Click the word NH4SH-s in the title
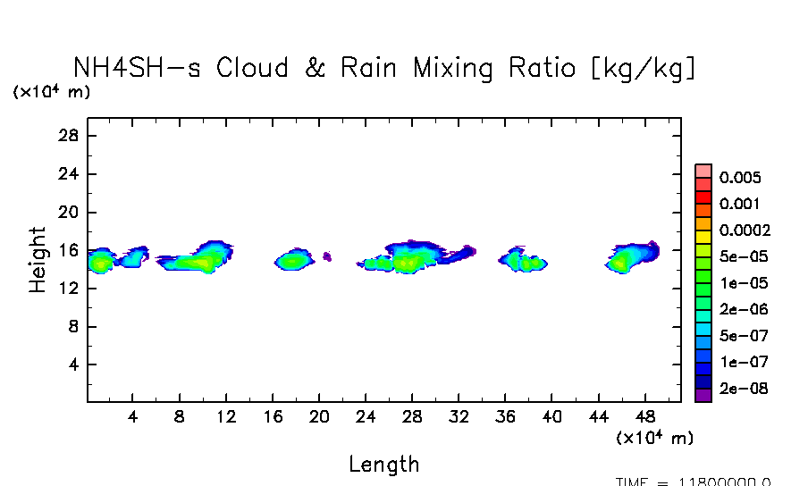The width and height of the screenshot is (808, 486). pos(139,68)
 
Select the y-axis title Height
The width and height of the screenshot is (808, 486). pos(38,259)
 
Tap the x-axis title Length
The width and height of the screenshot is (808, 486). pos(383,464)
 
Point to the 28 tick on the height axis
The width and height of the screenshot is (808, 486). pos(69,136)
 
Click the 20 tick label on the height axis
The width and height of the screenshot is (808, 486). pos(69,213)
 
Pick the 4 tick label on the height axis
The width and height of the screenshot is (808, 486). pos(74,365)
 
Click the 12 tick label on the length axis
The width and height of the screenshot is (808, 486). pos(226,417)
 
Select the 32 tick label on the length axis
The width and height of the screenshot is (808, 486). pos(459,417)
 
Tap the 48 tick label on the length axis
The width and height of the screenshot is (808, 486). pos(644,417)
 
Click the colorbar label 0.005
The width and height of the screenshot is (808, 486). pos(739,177)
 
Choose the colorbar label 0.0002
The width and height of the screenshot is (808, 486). pos(745,230)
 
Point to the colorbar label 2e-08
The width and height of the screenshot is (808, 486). pos(744,389)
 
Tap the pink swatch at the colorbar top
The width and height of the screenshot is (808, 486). pos(703,171)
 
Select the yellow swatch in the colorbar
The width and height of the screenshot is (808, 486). pos(703,237)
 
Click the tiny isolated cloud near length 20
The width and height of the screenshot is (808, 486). pos(327,256)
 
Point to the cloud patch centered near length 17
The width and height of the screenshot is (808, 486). pos(292,260)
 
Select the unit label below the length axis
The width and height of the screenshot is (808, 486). pos(654,438)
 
